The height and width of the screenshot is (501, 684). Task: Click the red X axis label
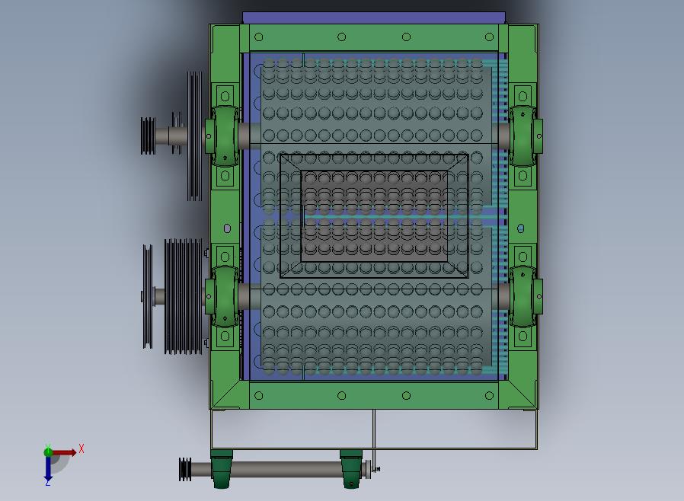coord(82,448)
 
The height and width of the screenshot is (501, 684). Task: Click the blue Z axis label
coord(48,482)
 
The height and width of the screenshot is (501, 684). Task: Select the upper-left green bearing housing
coord(222,136)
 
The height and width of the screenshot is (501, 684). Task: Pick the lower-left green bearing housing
coord(222,296)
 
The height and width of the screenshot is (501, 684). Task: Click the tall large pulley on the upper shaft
coord(194,136)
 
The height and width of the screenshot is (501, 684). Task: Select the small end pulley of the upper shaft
coord(148,136)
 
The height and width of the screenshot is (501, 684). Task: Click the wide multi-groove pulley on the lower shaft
coord(184,296)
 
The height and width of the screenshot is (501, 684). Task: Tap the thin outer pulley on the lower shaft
coord(148,296)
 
